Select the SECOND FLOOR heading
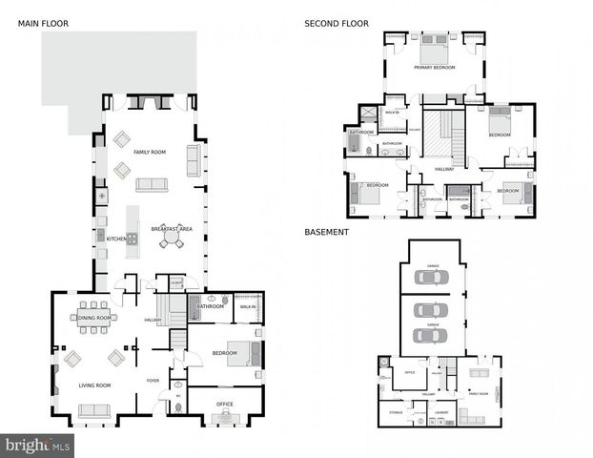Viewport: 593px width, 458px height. (x=337, y=23)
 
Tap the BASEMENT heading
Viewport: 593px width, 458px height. (x=326, y=232)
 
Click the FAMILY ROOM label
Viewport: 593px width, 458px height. (x=150, y=153)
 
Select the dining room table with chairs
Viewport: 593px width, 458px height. (x=93, y=318)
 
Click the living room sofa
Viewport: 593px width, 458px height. (x=94, y=410)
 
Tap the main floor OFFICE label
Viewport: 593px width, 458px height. (x=225, y=404)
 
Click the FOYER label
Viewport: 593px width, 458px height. (x=153, y=381)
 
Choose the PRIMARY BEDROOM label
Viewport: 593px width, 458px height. (x=434, y=68)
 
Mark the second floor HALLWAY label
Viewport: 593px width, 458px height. (x=444, y=169)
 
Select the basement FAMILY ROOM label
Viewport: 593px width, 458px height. (x=478, y=393)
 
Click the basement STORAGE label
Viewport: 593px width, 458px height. (x=397, y=412)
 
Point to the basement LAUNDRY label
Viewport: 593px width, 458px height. (x=441, y=412)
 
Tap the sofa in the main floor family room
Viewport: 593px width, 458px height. (x=152, y=185)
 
